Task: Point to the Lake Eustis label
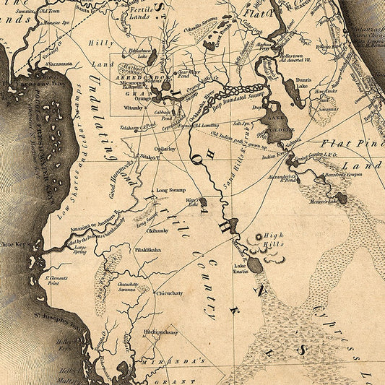coord(240,269)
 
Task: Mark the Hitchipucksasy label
coord(160,332)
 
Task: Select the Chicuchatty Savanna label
coord(127,287)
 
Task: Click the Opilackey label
coord(165,149)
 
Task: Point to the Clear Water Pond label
coord(188,74)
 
